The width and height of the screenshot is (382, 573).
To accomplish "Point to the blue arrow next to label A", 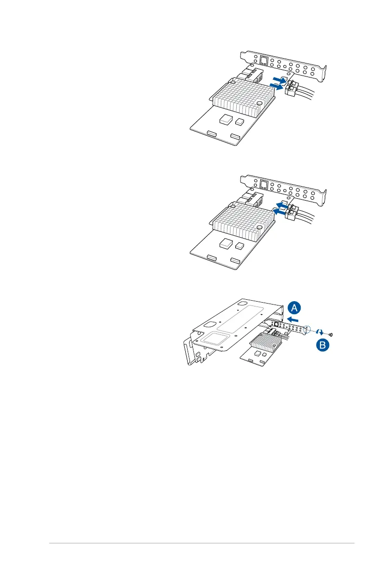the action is [293, 319].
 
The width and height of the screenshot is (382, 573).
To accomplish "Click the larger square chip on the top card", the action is [225, 118].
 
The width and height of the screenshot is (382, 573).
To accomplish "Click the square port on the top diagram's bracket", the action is [263, 60].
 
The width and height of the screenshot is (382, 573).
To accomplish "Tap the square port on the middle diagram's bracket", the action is [263, 184].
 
